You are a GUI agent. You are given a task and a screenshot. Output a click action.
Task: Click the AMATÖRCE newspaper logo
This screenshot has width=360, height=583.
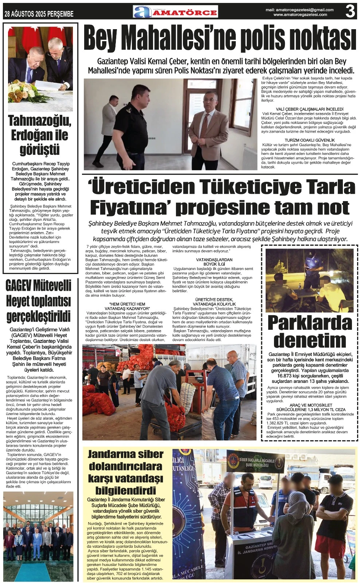tap(175, 12)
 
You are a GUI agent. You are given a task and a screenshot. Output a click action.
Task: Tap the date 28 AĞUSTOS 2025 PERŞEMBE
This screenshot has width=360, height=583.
tap(39, 14)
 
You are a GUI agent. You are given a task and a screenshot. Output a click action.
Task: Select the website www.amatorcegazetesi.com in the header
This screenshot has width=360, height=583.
tap(300, 15)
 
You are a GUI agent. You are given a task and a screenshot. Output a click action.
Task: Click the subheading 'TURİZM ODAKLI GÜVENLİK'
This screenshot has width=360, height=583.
tap(309, 140)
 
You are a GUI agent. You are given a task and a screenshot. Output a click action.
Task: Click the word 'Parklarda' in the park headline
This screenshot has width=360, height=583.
tap(310, 323)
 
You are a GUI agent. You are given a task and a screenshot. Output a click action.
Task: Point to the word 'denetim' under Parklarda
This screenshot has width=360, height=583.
tap(310, 340)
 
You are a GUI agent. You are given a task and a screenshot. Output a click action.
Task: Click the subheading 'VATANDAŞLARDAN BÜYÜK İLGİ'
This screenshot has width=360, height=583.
tap(214, 262)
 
